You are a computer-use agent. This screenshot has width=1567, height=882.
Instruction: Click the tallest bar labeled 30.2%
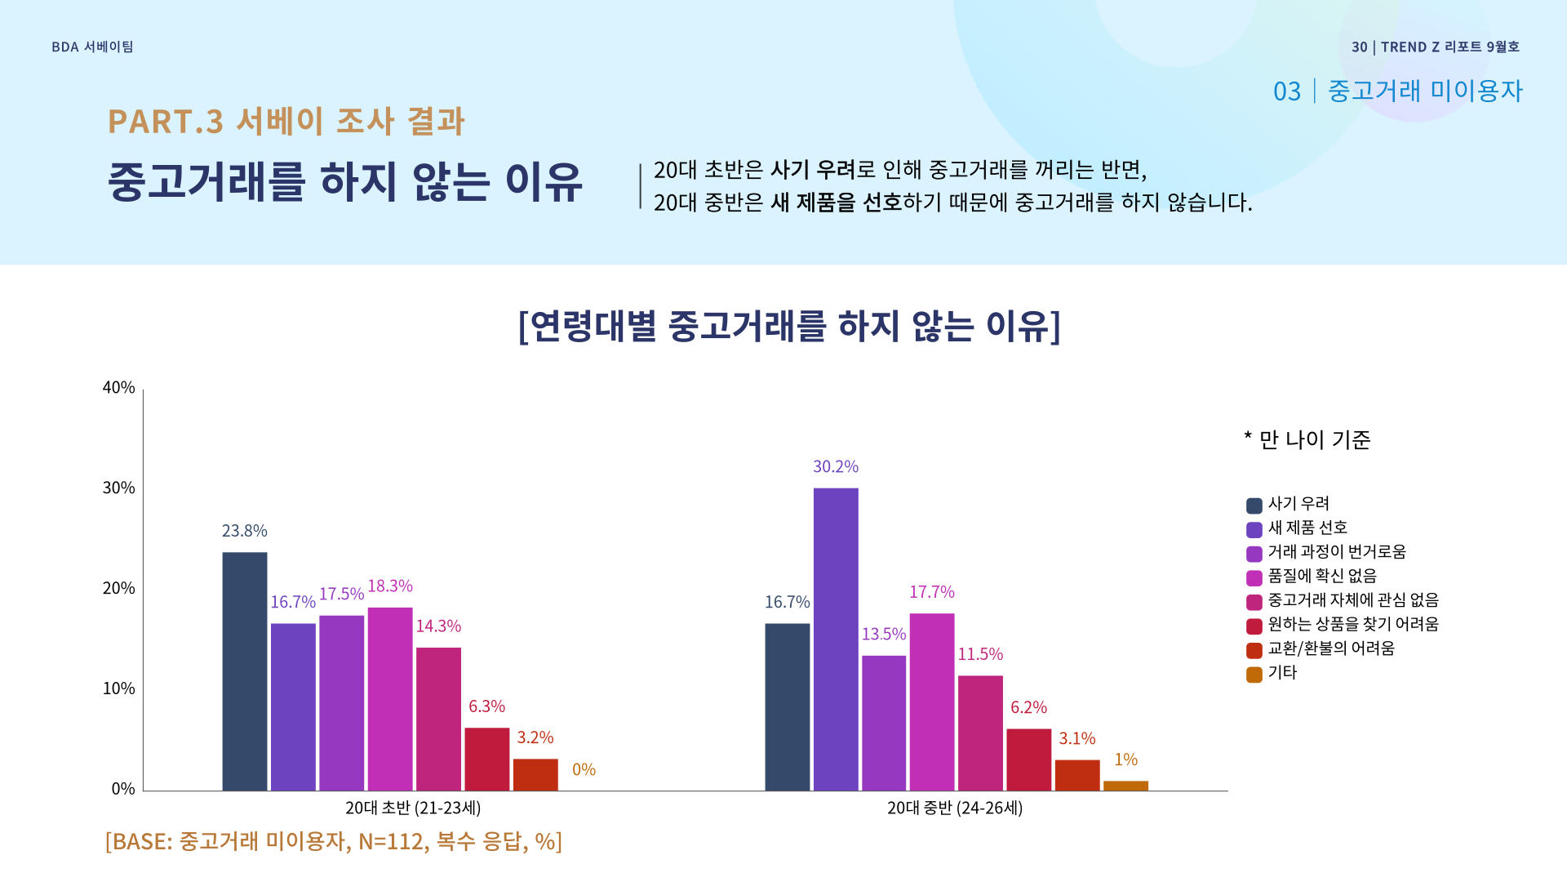[836, 639]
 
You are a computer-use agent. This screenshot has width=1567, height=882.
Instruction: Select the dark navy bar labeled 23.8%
[245, 671]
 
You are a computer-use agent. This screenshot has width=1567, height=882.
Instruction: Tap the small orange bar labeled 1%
[1125, 786]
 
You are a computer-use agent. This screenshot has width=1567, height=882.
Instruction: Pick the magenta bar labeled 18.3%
[390, 698]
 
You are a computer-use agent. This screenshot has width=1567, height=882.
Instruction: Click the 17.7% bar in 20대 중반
[932, 702]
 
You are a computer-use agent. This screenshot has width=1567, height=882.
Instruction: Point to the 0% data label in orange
[584, 769]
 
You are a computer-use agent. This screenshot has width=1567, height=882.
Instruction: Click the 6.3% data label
[486, 706]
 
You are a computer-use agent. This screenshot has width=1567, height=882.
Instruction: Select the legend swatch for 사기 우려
[1254, 506]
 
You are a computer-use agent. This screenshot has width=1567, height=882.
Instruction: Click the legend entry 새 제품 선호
[1307, 528]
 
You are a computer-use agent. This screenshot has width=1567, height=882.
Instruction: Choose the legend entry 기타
[1282, 672]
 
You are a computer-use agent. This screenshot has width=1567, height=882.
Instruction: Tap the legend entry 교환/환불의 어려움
[1331, 648]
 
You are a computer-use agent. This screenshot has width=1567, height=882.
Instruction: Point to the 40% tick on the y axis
[119, 387]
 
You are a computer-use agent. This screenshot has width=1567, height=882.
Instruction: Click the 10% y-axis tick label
[119, 688]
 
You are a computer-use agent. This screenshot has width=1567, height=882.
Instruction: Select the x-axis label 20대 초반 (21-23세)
[413, 808]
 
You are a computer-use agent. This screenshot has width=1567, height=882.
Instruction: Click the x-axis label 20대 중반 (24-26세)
[955, 808]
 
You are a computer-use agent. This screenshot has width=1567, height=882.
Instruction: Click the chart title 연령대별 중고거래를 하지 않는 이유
[789, 326]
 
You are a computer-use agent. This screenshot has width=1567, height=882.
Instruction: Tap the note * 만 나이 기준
[1307, 439]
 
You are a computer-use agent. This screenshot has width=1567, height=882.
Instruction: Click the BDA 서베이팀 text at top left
[92, 47]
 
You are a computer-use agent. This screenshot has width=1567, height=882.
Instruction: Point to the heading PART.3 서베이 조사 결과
[286, 121]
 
